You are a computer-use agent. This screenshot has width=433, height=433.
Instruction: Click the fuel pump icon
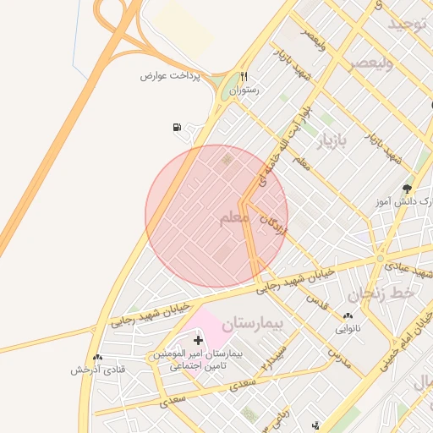point(177,128)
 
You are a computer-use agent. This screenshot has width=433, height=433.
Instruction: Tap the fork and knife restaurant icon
point(244,75)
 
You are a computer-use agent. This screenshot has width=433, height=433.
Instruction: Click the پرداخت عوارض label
point(175,75)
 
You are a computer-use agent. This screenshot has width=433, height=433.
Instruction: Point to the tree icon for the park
point(408,188)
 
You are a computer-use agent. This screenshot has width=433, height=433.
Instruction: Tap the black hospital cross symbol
point(198,340)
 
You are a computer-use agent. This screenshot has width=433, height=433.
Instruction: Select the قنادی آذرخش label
point(97,370)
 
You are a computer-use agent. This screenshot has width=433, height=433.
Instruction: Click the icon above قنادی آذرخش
point(97,358)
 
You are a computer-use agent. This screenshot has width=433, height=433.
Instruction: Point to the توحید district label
point(410,25)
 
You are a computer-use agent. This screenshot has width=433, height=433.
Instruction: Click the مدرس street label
point(338,356)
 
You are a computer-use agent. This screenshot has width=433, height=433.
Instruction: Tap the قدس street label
point(315,300)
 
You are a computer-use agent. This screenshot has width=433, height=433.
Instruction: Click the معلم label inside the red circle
point(233,218)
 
